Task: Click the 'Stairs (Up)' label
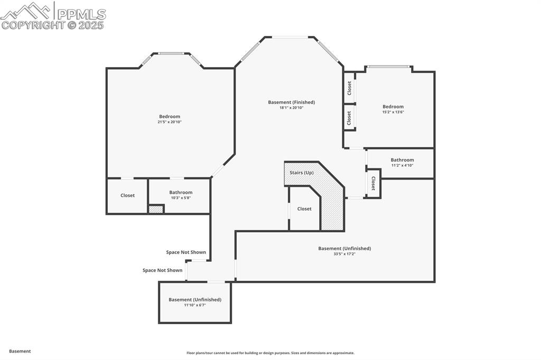click(301, 173)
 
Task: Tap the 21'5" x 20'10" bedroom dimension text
click(170, 122)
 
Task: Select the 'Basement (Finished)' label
click(291, 102)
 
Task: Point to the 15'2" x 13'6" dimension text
click(393, 112)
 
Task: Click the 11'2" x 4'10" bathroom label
click(402, 165)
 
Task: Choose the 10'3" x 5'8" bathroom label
click(181, 198)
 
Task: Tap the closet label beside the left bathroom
click(127, 195)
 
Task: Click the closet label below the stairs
click(304, 209)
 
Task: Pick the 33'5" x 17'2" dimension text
click(344, 254)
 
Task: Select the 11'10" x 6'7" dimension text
click(195, 305)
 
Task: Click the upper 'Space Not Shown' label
click(186, 252)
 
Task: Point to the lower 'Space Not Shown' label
click(162, 270)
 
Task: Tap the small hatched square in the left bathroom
click(156, 210)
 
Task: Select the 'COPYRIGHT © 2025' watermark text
click(52, 25)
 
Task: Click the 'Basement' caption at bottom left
click(20, 351)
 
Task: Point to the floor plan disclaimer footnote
click(270, 353)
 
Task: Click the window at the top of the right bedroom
click(389, 67)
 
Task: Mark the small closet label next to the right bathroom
click(373, 184)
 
